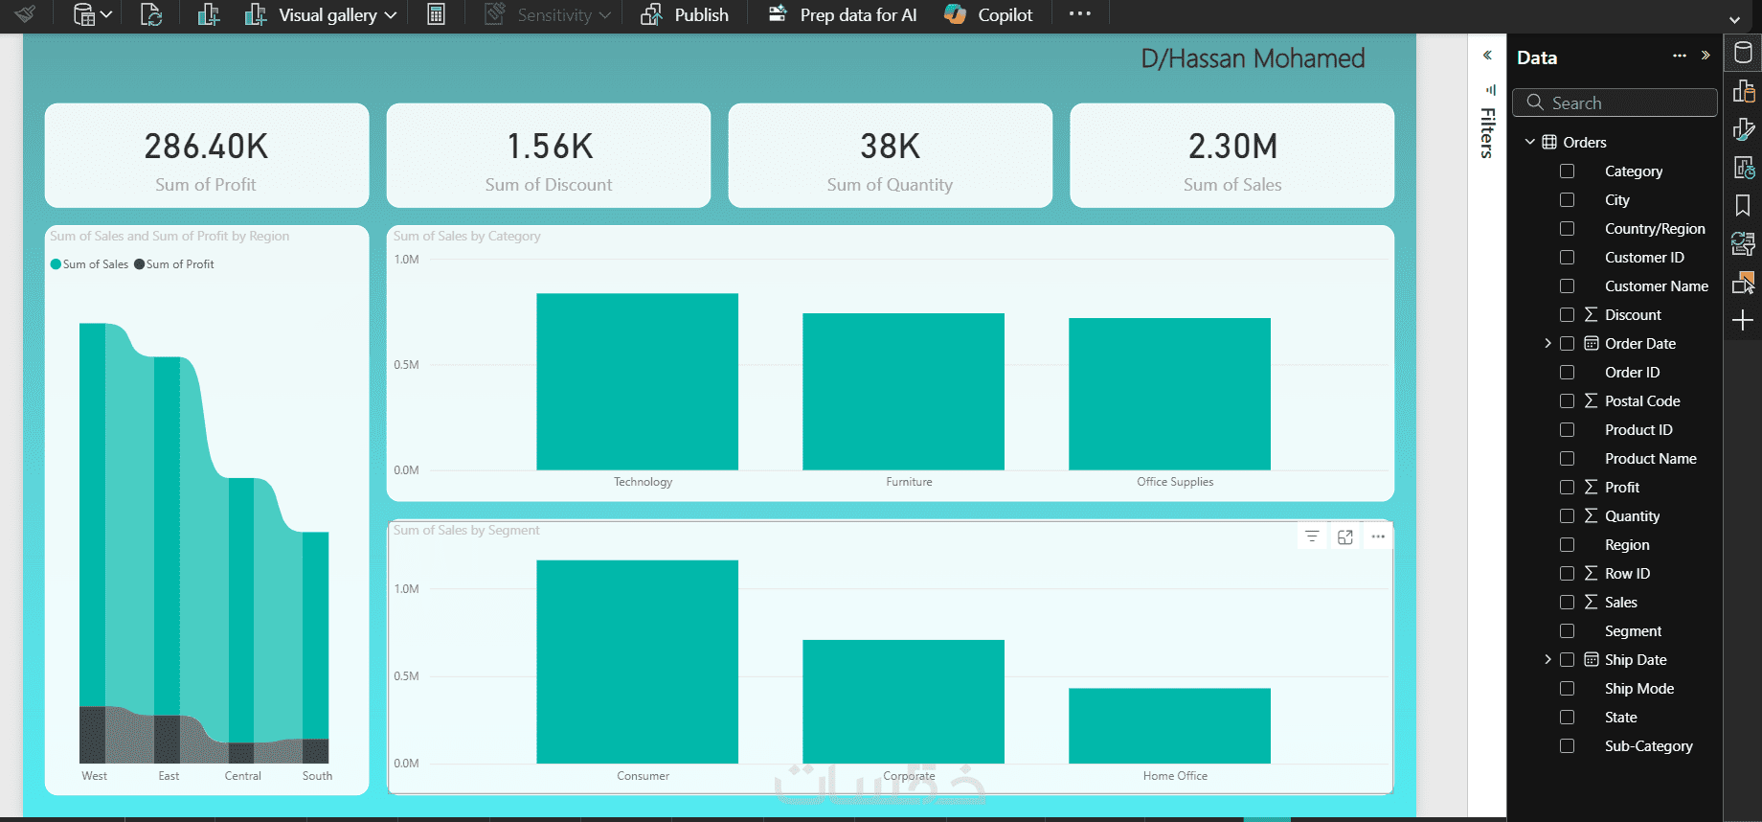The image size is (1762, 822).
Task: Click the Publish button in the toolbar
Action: click(x=686, y=15)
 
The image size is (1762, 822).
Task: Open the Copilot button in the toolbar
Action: click(x=988, y=15)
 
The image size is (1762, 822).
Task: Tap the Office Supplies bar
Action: click(x=1169, y=394)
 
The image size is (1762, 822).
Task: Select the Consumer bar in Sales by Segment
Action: click(x=637, y=661)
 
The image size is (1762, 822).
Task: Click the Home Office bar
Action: click(x=1169, y=725)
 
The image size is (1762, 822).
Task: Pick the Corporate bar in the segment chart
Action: click(x=903, y=701)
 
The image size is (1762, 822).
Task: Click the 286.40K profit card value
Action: click(x=206, y=147)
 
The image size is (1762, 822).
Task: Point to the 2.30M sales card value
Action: click(x=1232, y=147)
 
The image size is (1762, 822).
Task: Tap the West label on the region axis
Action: click(x=94, y=776)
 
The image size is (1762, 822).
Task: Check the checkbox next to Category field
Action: click(x=1567, y=171)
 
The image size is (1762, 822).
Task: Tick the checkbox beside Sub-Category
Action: click(x=1567, y=746)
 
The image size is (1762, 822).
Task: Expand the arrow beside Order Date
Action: click(x=1547, y=344)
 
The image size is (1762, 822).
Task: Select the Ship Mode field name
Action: click(x=1638, y=689)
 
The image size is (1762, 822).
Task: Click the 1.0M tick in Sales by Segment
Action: click(x=406, y=589)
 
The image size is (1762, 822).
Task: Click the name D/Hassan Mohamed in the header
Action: click(x=1253, y=58)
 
